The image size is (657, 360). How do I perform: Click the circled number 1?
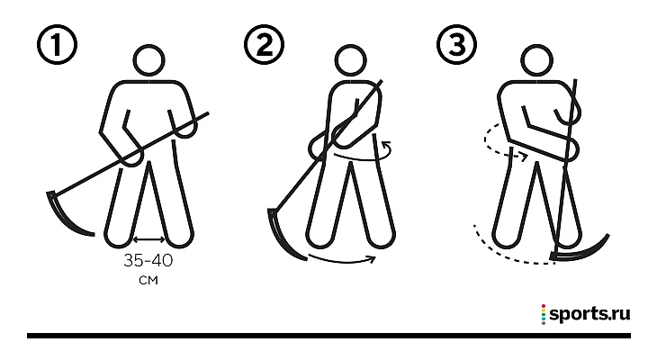(57, 44)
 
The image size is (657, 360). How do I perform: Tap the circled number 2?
(264, 44)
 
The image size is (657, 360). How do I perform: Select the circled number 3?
(456, 44)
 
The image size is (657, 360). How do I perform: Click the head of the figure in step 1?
(148, 61)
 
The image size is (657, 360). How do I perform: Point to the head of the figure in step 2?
(351, 61)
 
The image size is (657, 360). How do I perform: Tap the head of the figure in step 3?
(536, 61)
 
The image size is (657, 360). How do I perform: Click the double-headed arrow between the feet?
(148, 239)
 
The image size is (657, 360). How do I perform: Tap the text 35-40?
(148, 261)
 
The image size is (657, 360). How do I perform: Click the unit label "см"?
(148, 280)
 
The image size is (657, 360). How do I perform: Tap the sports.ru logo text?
(590, 314)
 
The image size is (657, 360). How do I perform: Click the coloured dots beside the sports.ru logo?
(544, 315)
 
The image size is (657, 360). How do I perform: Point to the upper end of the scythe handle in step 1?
(208, 112)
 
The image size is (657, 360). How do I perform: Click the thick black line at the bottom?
(328, 336)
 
